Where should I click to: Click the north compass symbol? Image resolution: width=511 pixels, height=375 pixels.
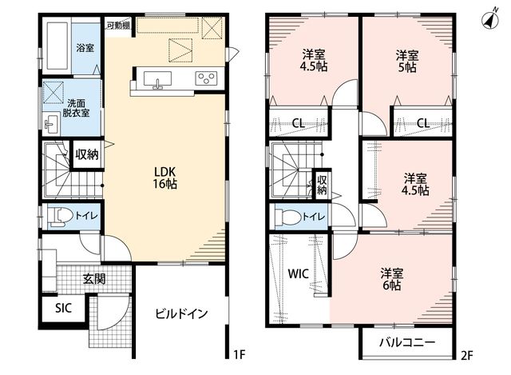pyautogui.click(x=490, y=20)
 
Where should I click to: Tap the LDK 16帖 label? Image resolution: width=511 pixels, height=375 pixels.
pyautogui.click(x=165, y=178)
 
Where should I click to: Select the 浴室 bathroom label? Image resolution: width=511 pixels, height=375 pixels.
pyautogui.click(x=85, y=48)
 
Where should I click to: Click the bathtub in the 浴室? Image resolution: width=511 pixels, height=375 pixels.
pyautogui.click(x=57, y=46)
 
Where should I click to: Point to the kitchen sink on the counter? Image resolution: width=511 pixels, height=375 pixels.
pyautogui.click(x=158, y=80)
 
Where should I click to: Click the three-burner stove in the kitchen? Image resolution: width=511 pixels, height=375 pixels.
pyautogui.click(x=206, y=78)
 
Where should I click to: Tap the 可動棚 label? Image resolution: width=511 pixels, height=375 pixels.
pyautogui.click(x=119, y=26)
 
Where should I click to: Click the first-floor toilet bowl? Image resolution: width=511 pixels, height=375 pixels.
pyautogui.click(x=61, y=216)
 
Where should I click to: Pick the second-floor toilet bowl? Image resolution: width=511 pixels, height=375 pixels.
pyautogui.click(x=287, y=217)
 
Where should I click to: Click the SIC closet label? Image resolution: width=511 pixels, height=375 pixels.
pyautogui.click(x=63, y=308)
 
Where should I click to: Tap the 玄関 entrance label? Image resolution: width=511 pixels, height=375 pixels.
pyautogui.click(x=94, y=279)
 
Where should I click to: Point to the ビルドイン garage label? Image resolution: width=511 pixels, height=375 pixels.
pyautogui.click(x=181, y=313)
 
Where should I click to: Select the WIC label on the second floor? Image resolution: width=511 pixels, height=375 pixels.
pyautogui.click(x=298, y=273)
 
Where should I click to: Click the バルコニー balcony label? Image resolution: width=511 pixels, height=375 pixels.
pyautogui.click(x=407, y=342)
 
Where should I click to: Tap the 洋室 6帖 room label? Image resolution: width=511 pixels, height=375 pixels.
pyautogui.click(x=392, y=279)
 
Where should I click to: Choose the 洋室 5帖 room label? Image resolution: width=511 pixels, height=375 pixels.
pyautogui.click(x=407, y=61)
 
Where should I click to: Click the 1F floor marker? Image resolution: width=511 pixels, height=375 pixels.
pyautogui.click(x=240, y=354)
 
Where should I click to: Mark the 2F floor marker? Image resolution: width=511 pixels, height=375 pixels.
pyautogui.click(x=466, y=355)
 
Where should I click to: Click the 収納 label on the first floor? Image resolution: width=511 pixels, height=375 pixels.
pyautogui.click(x=87, y=154)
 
